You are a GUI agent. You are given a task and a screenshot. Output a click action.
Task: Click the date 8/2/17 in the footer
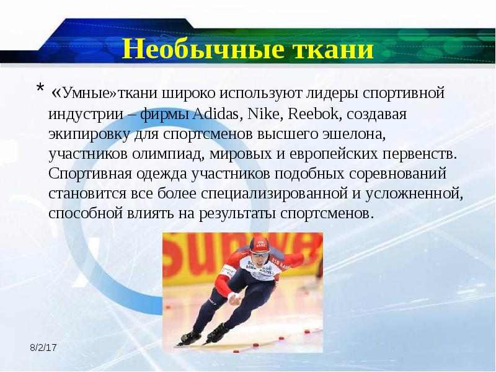(43, 348)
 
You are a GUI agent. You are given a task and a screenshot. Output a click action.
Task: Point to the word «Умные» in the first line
(82, 94)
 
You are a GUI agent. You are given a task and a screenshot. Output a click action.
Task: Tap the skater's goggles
(261, 254)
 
